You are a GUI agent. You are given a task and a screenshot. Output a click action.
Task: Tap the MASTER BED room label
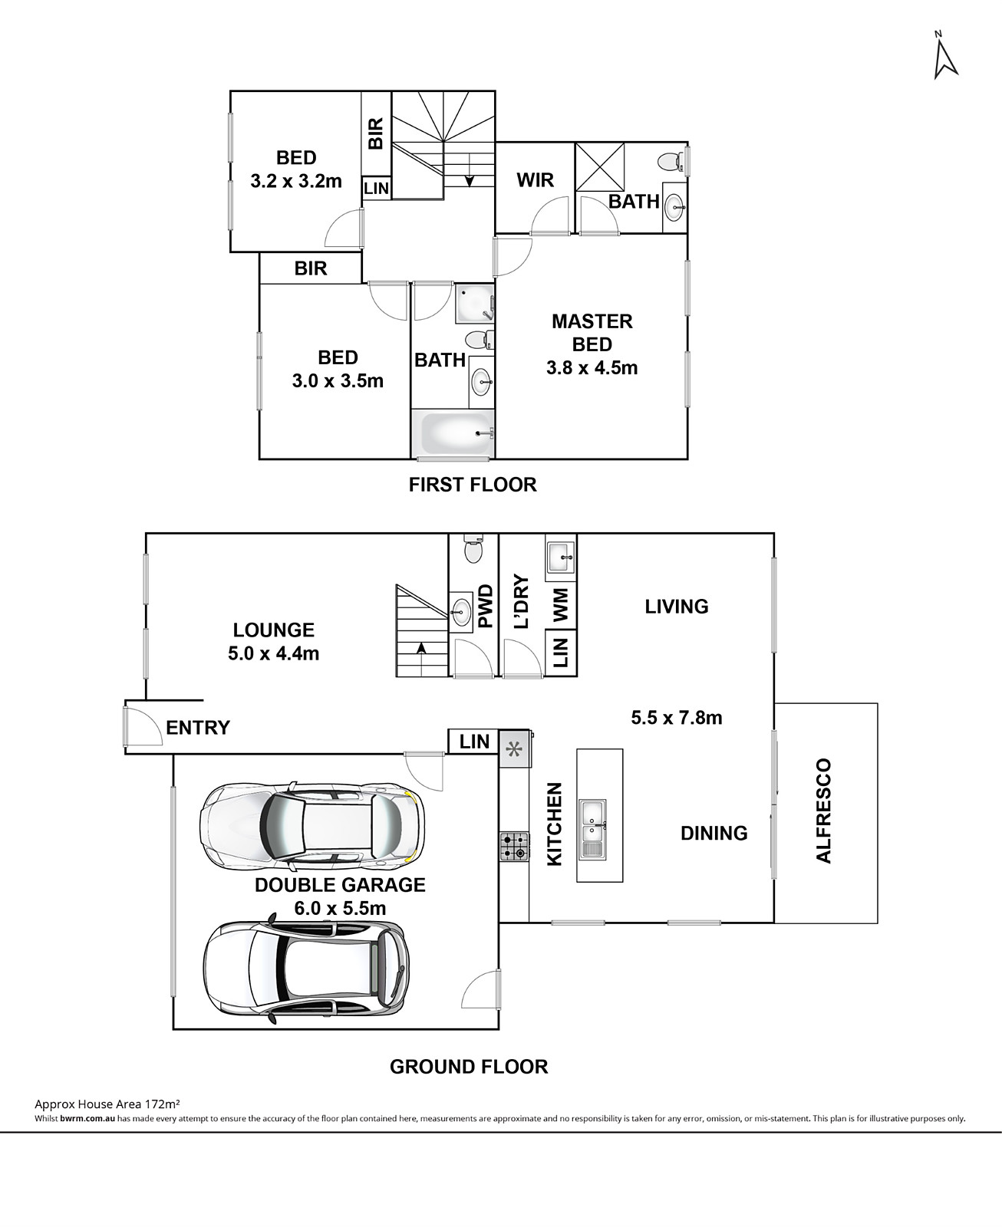[592, 332]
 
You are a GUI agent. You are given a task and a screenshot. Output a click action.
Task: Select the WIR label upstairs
[535, 180]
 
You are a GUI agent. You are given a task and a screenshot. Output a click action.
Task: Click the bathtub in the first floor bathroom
[453, 433]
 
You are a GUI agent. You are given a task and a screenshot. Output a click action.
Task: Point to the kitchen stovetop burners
[514, 846]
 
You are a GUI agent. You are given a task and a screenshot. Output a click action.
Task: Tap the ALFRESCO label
[823, 811]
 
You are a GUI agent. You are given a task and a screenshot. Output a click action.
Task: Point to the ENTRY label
[198, 727]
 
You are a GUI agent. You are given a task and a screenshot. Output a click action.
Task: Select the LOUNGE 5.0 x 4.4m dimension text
[273, 653]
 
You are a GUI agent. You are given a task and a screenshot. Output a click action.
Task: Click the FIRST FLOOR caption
[473, 485]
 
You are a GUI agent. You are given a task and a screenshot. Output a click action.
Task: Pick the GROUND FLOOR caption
[469, 1067]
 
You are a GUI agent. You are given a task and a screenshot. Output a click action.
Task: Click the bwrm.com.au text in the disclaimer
[87, 1119]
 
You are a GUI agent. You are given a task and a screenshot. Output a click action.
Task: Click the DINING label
[714, 833]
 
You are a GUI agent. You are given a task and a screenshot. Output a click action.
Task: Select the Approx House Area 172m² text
[107, 1104]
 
